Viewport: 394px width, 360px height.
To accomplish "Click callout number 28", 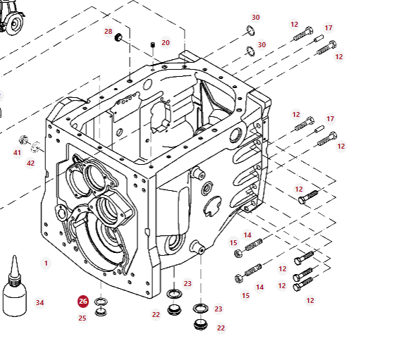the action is [109, 32].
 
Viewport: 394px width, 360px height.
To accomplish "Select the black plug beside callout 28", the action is [118, 37].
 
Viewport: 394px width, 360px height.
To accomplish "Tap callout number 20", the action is [166, 43].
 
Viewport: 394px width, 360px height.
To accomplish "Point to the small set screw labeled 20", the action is [152, 45].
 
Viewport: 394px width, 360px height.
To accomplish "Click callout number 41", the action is [17, 152].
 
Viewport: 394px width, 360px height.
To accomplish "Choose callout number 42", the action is [30, 163].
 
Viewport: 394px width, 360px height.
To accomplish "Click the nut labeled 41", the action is [24, 139].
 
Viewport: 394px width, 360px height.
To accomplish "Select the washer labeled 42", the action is [35, 147].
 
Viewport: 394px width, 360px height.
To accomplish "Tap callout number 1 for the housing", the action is [46, 263].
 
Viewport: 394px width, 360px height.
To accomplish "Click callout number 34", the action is [39, 303].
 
